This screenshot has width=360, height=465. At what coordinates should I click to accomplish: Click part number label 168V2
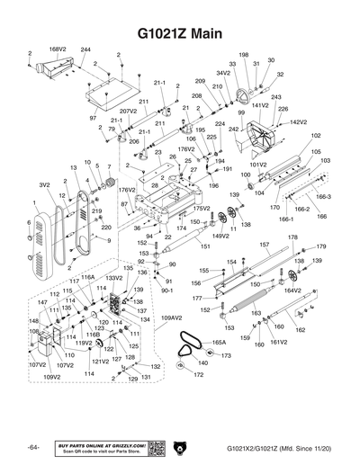pyautogui.click(x=58, y=49)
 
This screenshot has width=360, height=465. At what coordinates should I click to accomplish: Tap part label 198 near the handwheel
pyautogui.click(x=243, y=56)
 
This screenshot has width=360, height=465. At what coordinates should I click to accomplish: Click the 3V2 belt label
pyautogui.click(x=43, y=184)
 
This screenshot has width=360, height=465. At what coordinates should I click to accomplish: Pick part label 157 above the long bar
pyautogui.click(x=264, y=244)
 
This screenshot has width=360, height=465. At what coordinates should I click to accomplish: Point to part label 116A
pyautogui.click(x=88, y=278)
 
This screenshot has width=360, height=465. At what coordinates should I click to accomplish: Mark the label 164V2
pyautogui.click(x=292, y=291)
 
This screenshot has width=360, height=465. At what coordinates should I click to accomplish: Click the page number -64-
pyautogui.click(x=34, y=447)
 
